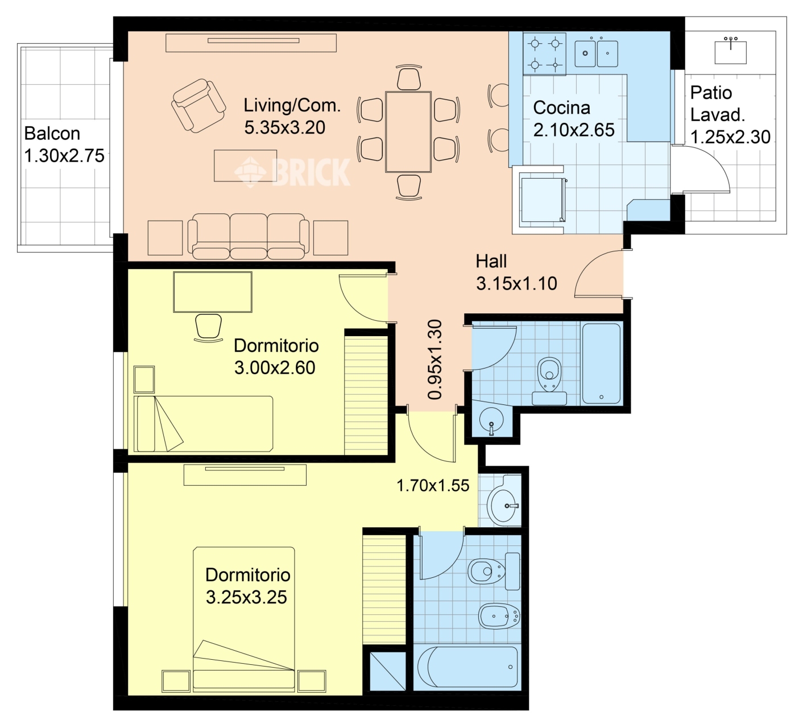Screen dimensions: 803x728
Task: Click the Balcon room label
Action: coord(52,134)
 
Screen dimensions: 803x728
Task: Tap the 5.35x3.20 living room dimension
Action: coord(284,128)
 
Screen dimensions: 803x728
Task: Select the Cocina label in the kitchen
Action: coord(562,107)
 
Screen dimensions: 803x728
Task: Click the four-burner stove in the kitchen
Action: coord(544,53)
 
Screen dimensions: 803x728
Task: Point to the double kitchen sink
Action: coord(597,52)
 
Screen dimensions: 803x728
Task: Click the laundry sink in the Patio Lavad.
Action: coord(731,51)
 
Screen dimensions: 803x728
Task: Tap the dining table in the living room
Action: coord(408,132)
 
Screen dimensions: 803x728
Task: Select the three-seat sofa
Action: coord(249,236)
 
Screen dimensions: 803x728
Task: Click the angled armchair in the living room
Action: coord(198,105)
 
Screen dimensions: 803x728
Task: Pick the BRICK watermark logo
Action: coord(292,172)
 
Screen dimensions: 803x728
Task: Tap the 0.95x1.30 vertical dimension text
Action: coord(434,359)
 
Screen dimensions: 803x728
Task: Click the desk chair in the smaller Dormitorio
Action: coord(209,328)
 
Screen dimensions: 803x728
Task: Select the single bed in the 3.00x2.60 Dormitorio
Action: coord(204,424)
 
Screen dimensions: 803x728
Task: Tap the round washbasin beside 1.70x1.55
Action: coord(503,506)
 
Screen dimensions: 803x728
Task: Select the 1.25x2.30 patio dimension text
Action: coord(731,137)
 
